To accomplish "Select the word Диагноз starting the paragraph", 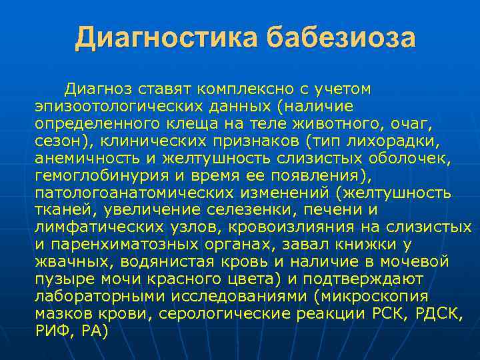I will click(x=96, y=89).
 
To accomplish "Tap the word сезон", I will click(x=56, y=141).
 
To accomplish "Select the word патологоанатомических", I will click(x=128, y=193).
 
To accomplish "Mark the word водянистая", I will click(x=165, y=262).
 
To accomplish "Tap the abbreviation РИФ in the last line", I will click(x=53, y=331).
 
